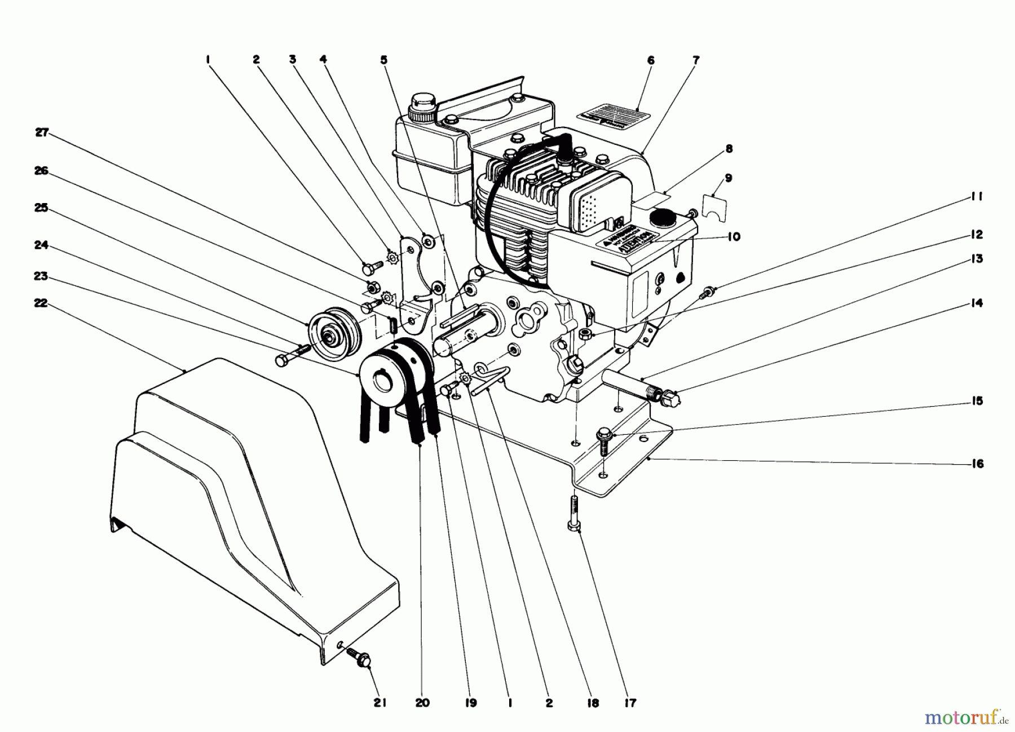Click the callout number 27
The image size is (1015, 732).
click(x=43, y=133)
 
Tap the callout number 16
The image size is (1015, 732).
click(x=977, y=464)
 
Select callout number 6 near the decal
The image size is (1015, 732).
click(x=651, y=60)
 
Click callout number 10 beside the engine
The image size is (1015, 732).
click(x=733, y=237)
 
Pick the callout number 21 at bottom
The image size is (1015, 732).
click(x=379, y=703)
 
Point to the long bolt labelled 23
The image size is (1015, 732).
click(x=291, y=355)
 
